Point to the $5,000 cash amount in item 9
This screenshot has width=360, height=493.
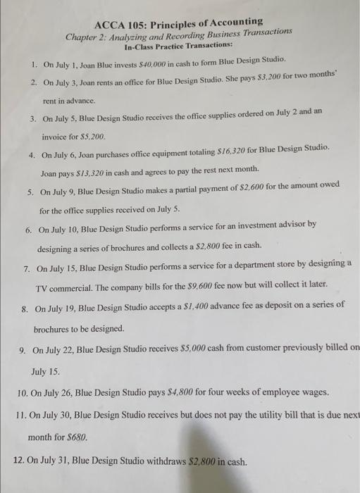pos(187,348)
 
